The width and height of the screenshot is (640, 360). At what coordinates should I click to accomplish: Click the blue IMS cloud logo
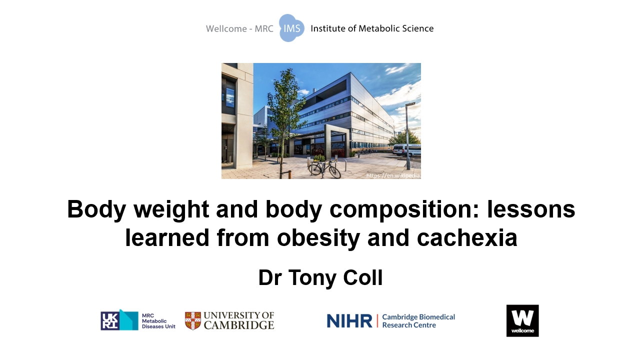click(291, 28)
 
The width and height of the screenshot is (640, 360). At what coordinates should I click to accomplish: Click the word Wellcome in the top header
click(226, 28)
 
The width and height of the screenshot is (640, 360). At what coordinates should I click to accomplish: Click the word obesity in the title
click(318, 238)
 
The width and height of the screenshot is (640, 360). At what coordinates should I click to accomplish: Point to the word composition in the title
click(404, 209)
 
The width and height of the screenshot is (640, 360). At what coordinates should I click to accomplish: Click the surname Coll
click(363, 277)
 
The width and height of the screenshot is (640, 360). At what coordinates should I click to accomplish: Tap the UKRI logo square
click(109, 320)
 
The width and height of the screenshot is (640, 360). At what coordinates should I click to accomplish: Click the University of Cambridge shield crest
click(193, 320)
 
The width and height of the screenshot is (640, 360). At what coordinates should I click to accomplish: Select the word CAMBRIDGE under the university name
click(239, 325)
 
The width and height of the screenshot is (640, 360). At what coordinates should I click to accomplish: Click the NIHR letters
click(349, 321)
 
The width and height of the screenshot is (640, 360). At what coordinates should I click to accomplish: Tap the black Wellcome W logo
click(522, 320)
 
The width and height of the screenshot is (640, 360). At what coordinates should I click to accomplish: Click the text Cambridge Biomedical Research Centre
click(418, 321)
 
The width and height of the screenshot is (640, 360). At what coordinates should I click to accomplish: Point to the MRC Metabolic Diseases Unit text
click(158, 321)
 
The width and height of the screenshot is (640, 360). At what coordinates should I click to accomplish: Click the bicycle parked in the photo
click(324, 169)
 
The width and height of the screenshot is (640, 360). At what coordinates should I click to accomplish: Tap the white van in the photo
click(406, 150)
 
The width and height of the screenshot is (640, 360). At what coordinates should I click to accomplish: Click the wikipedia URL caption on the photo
click(393, 175)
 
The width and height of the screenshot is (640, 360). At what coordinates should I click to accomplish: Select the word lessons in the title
click(531, 209)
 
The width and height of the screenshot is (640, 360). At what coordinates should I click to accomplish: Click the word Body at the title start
click(96, 209)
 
